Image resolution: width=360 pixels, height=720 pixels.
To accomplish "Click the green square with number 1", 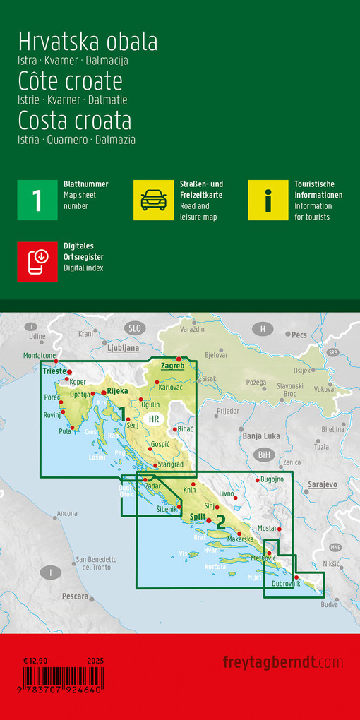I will (x=37, y=200).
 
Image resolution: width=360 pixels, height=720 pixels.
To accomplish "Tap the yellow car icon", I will (x=153, y=200).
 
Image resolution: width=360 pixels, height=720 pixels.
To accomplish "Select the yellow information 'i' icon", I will (x=268, y=200).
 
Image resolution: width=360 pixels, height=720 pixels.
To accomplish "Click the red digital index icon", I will (x=37, y=262).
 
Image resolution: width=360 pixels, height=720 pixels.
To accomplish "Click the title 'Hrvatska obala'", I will (x=88, y=42).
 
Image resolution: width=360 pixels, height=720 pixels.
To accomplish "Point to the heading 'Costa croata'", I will (x=75, y=121).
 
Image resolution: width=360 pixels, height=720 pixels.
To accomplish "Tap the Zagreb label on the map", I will (x=172, y=366).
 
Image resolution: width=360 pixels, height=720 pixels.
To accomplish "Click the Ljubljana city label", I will (x=123, y=348).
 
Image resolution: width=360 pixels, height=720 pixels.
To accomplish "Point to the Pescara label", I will (x=75, y=596).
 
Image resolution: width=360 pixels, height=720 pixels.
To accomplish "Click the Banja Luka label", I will (x=261, y=436).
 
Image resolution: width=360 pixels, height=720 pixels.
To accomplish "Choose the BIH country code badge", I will (x=265, y=455).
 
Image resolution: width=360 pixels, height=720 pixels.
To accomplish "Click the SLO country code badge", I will (x=134, y=328).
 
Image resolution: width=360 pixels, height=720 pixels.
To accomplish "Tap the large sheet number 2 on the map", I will (x=221, y=523).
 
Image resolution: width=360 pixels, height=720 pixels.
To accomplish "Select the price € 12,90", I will (x=35, y=660).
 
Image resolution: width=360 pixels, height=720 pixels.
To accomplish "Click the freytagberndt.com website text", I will (x=283, y=662).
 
